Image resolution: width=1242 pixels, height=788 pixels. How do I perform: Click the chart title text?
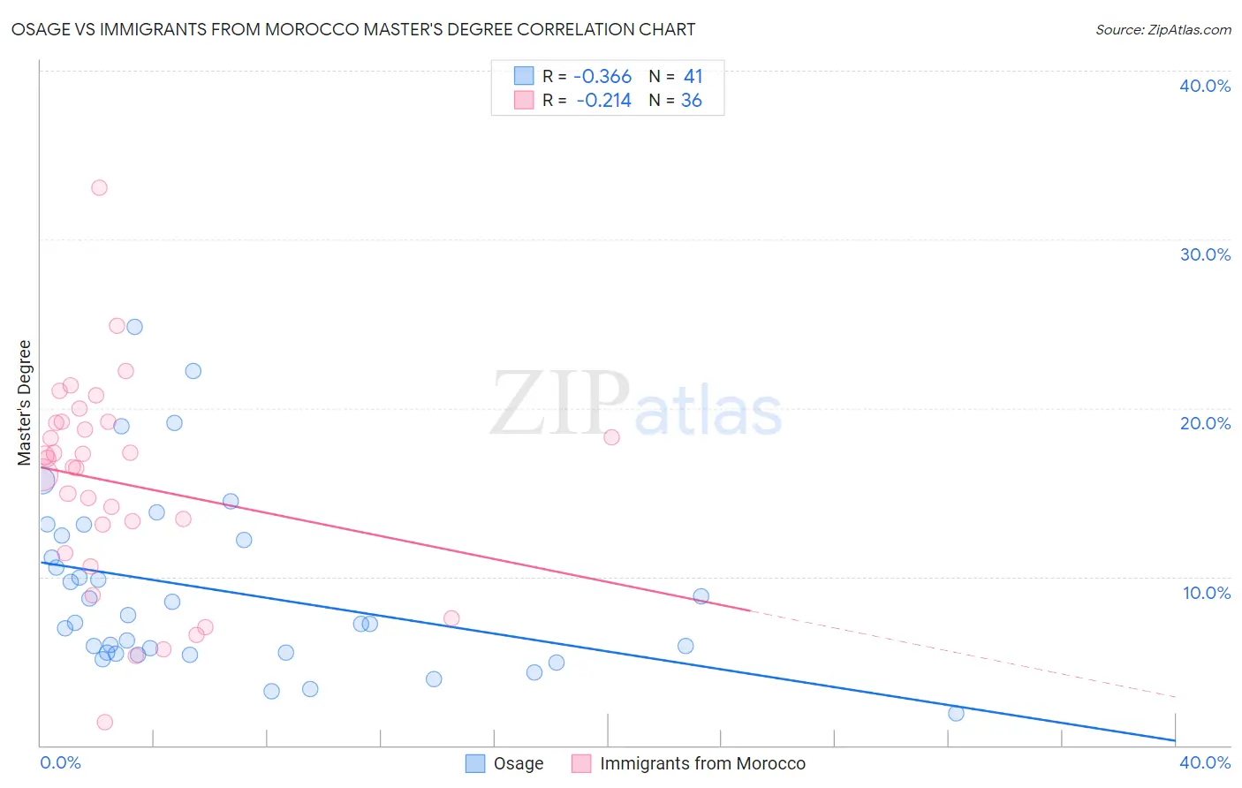tap(353, 29)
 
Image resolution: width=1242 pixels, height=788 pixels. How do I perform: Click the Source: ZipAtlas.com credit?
tap(1162, 29)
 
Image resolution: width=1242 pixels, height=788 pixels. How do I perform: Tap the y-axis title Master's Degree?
tap(25, 402)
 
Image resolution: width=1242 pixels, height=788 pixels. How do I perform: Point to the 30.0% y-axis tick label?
tap(1205, 254)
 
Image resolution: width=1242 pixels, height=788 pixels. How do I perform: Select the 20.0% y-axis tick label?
tap(1205, 423)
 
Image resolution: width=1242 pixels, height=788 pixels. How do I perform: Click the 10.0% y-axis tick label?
tap(1207, 593)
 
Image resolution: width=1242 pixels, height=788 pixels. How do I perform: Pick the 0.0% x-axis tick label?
tap(61, 762)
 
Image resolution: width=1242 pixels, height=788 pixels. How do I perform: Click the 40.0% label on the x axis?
tap(1205, 762)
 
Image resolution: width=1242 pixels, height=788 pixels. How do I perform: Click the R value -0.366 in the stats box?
tap(602, 77)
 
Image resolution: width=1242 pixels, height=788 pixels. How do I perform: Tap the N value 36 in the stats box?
tap(691, 101)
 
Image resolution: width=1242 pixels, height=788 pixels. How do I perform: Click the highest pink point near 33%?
tap(99, 187)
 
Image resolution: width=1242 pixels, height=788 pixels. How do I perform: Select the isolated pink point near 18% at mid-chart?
tap(611, 437)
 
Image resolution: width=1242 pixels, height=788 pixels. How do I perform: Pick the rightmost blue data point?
tap(956, 713)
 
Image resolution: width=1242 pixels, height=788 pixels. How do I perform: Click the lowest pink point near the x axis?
tap(104, 722)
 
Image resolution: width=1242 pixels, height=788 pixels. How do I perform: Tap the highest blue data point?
tap(134, 327)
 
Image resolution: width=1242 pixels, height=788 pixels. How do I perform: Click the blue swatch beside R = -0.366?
tap(524, 76)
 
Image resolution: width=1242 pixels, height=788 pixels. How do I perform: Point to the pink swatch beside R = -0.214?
tap(524, 100)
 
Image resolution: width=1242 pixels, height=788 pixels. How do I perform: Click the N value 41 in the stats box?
tap(693, 77)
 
